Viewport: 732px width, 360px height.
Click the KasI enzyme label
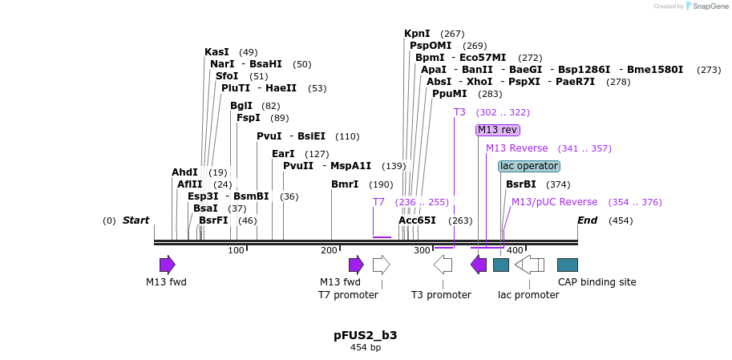(x=216, y=52)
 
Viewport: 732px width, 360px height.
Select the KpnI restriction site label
(x=417, y=34)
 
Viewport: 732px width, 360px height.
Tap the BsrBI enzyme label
(x=520, y=184)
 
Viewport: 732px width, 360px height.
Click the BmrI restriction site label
(x=345, y=184)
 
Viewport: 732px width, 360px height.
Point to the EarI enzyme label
(x=283, y=154)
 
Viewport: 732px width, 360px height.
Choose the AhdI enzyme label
(x=184, y=172)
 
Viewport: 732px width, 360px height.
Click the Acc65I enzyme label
(x=417, y=220)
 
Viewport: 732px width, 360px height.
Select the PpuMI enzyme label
(x=450, y=94)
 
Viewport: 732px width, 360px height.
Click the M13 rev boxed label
(x=497, y=130)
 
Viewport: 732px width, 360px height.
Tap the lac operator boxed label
(x=528, y=166)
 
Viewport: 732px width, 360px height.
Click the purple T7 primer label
(x=378, y=202)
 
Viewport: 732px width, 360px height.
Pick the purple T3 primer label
(x=459, y=112)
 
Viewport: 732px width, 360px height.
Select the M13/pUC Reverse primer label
(x=554, y=202)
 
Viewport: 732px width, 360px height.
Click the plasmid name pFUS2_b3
(x=366, y=335)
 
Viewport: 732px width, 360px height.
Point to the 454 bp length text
(x=366, y=348)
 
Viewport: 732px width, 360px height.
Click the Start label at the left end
(x=135, y=220)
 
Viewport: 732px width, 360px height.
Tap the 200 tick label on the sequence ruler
(x=330, y=251)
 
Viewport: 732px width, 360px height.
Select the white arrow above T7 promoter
(x=382, y=265)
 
